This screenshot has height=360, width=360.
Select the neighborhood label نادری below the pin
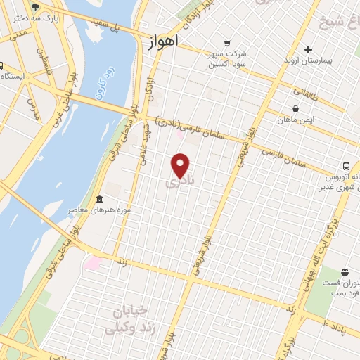(x=181, y=182)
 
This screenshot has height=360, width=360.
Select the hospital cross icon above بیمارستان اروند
(x=308, y=49)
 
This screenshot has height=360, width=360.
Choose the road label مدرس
(x=32, y=107)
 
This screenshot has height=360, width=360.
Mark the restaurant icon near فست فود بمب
(x=345, y=272)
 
